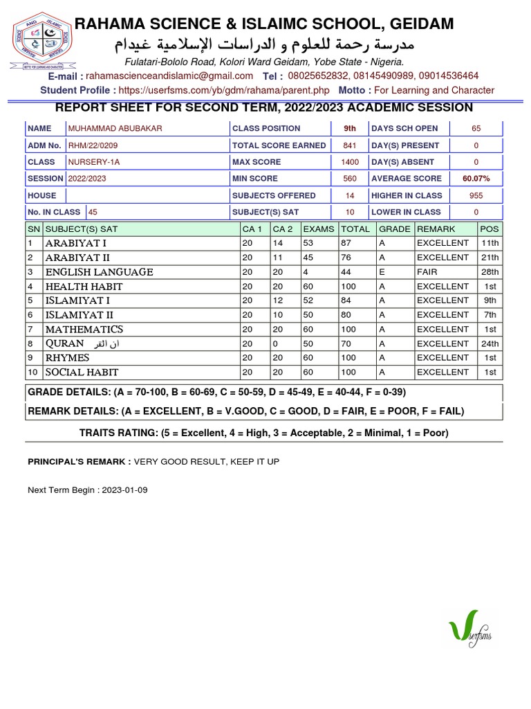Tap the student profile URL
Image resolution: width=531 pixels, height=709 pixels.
[x=224, y=90]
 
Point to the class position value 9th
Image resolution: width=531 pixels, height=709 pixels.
[x=350, y=129]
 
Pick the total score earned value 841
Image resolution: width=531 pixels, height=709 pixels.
[x=350, y=145]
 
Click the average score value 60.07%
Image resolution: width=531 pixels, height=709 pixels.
[x=476, y=179]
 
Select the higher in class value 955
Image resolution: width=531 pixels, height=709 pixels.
[x=476, y=195]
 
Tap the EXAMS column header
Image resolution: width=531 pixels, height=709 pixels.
[x=318, y=229]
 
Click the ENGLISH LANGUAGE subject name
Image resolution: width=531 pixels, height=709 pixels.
[x=99, y=272]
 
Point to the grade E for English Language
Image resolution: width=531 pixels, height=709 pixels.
[x=382, y=272]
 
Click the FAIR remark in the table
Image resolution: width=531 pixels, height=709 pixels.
[x=427, y=272]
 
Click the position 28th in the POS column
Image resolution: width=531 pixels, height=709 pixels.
[x=490, y=272]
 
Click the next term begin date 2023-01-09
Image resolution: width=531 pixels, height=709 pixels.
[x=124, y=490]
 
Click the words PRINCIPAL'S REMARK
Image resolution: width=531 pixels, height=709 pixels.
[x=79, y=462]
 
